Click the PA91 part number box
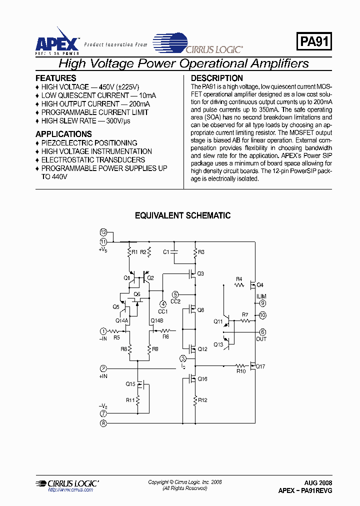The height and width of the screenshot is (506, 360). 314,42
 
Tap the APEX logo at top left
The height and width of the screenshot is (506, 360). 56,43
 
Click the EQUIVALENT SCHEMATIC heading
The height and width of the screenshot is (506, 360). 183,215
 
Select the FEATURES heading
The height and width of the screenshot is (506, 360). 56,78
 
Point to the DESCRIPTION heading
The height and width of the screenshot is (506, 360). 217,78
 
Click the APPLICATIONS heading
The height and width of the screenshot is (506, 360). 63,134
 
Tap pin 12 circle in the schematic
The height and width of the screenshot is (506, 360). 103,232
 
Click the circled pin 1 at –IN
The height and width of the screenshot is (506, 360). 103,331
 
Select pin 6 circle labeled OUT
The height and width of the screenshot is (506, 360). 262,332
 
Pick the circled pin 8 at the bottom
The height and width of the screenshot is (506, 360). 103,423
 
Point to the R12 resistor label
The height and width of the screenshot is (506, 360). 202,399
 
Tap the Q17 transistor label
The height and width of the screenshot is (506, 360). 260,366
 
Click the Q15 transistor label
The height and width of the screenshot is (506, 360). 130,384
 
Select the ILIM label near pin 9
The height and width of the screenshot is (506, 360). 261,296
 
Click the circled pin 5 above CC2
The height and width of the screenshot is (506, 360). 175,294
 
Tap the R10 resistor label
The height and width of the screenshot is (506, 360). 241,371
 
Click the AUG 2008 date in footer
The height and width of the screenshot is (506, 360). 318,483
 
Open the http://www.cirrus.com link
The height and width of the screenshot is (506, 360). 70,490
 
